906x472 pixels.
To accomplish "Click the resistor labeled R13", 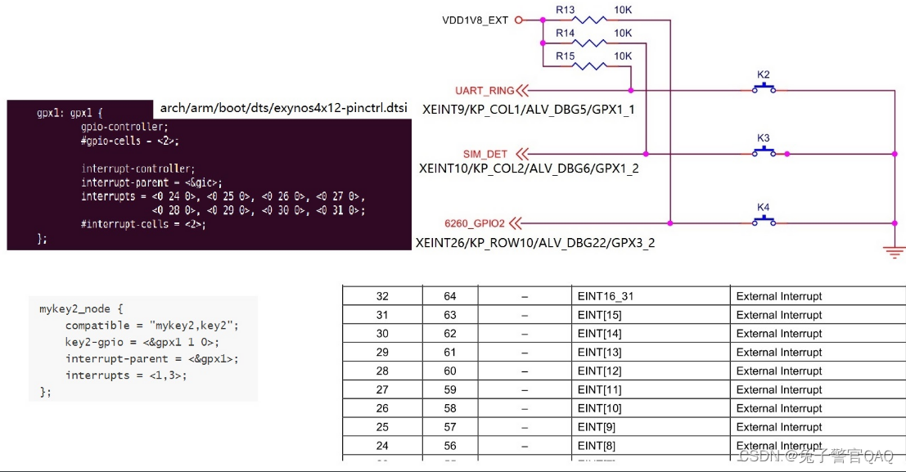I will tap(588, 20).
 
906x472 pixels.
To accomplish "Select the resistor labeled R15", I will tap(588, 66).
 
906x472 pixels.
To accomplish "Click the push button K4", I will tap(764, 221).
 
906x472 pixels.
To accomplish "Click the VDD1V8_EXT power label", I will tap(476, 20).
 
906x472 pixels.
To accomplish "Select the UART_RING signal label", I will tap(483, 90).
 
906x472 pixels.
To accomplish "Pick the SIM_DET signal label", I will tap(485, 154).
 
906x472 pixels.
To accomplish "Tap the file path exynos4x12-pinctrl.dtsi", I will tap(283, 108).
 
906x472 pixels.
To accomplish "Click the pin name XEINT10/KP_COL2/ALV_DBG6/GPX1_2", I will tap(529, 169).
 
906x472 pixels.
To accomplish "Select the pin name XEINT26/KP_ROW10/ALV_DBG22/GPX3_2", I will tap(535, 243).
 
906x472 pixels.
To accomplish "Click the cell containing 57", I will tap(450, 427).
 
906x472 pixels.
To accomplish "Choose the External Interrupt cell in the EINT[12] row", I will tap(779, 371).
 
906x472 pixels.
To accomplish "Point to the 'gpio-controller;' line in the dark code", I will tap(124, 127).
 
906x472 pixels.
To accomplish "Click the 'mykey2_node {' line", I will tap(80, 309).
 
